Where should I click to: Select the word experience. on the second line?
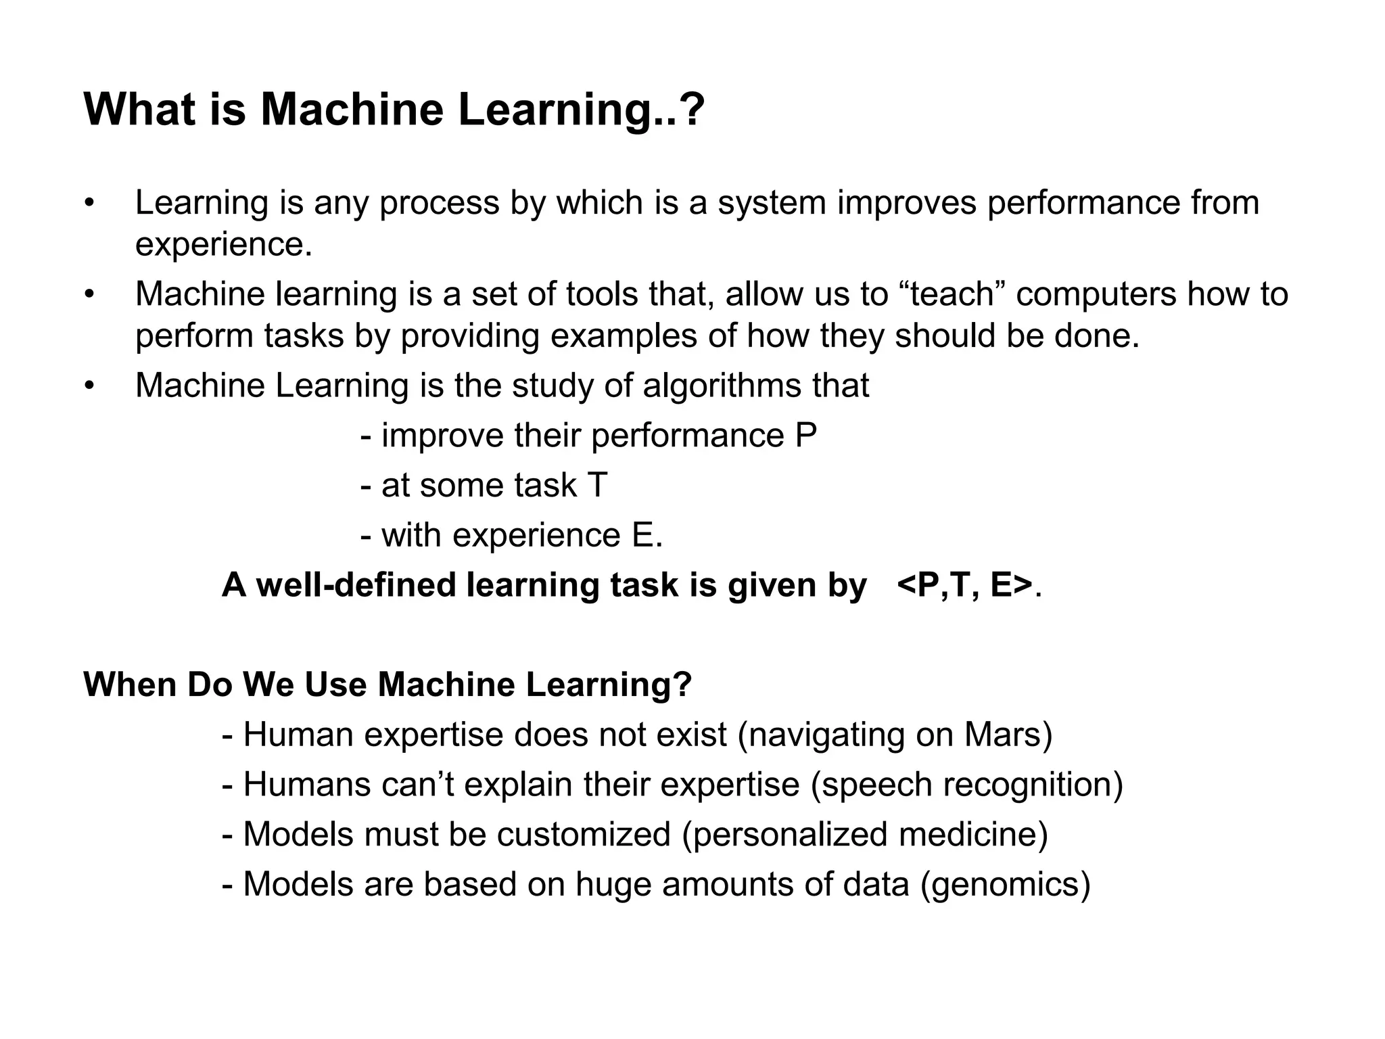224,245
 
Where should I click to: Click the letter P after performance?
806,436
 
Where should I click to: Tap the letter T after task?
597,486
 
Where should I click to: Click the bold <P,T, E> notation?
964,585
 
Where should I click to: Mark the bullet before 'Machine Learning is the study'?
87,386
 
